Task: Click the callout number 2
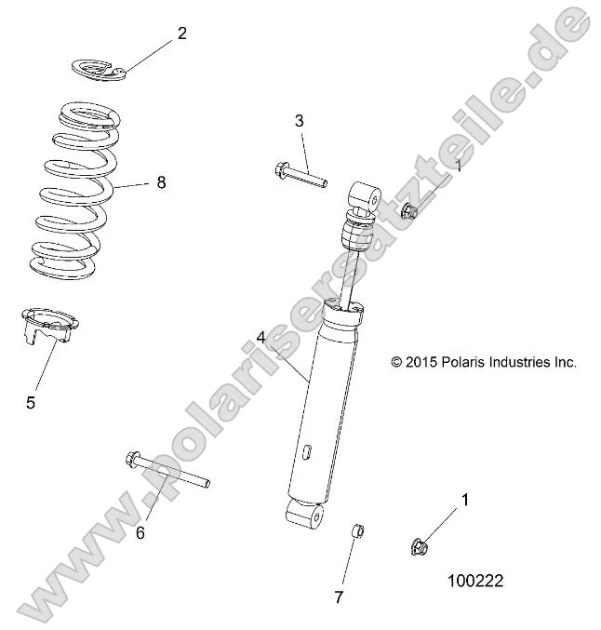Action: point(181,34)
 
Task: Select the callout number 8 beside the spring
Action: point(161,182)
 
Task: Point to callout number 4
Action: point(262,340)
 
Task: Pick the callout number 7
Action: point(339,596)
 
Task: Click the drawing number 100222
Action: point(474,581)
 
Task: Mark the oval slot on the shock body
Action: point(306,452)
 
